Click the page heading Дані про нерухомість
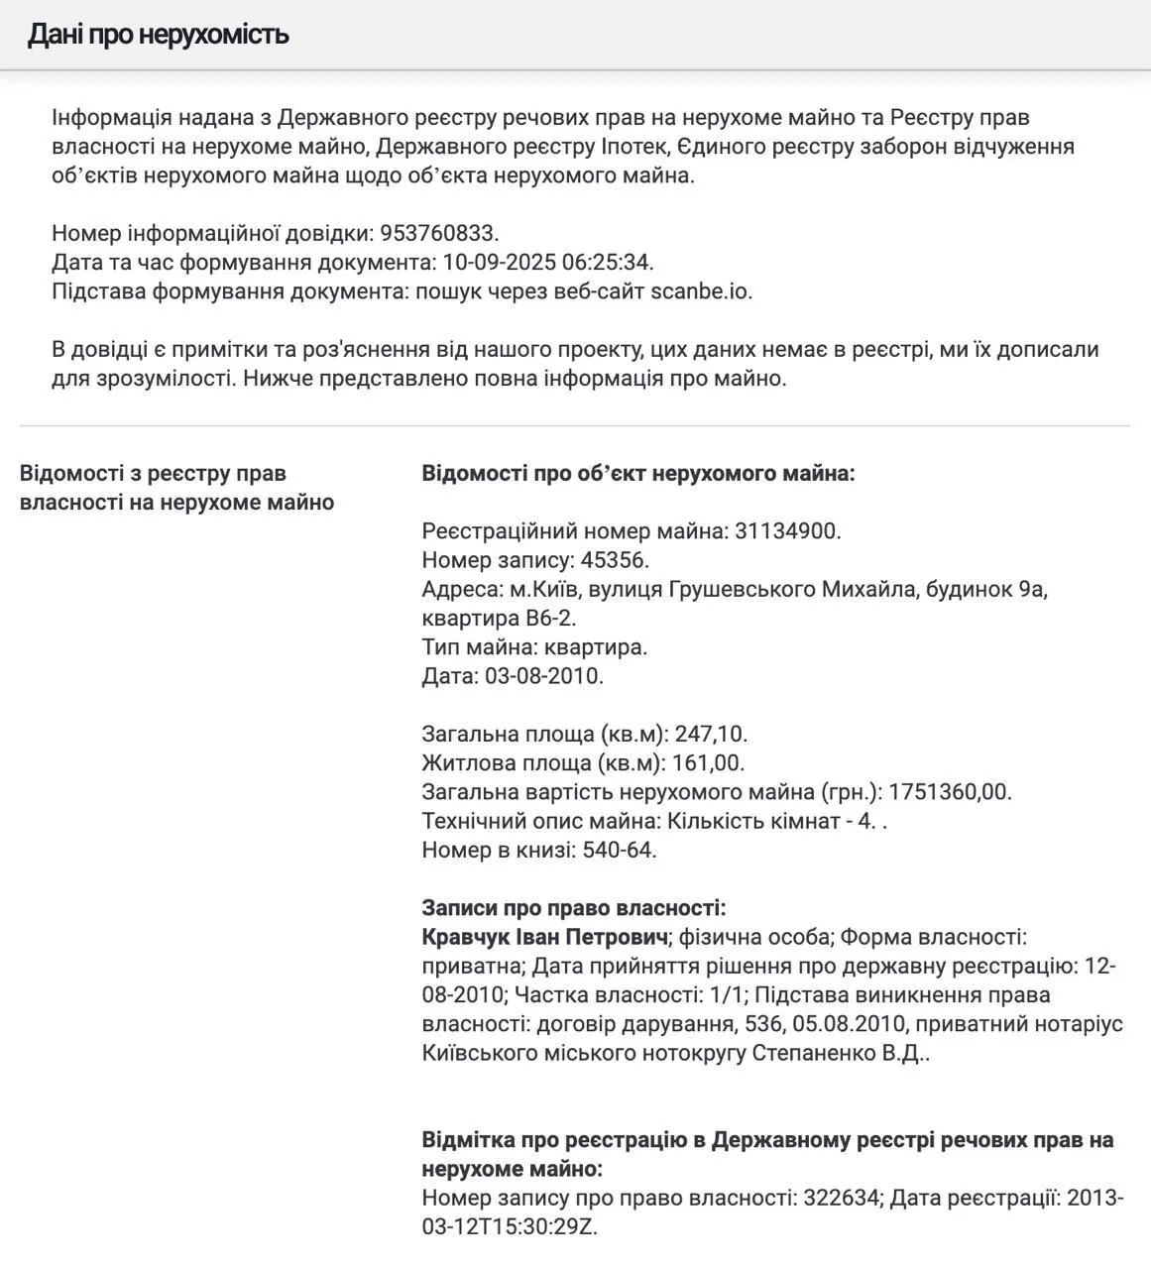158,35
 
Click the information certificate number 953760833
438,234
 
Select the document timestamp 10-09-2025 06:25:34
547,263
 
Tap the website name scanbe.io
701,291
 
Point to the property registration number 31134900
786,531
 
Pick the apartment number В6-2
549,618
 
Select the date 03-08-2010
542,676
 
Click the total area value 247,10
710,735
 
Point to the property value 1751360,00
949,792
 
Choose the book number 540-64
618,850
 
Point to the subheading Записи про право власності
574,908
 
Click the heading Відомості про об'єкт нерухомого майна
638,473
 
